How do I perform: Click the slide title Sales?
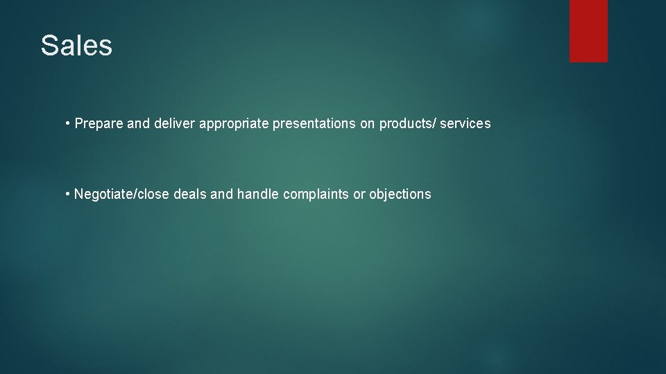point(76,46)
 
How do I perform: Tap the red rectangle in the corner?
point(588,30)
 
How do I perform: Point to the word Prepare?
point(99,124)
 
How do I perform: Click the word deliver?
point(174,124)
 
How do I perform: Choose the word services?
point(466,124)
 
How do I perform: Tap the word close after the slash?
point(153,195)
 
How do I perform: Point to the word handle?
point(258,195)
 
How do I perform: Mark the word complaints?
point(316,195)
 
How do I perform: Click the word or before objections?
point(359,195)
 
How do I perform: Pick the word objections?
point(400,195)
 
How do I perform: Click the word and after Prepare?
point(138,124)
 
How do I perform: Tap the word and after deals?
point(221,195)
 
